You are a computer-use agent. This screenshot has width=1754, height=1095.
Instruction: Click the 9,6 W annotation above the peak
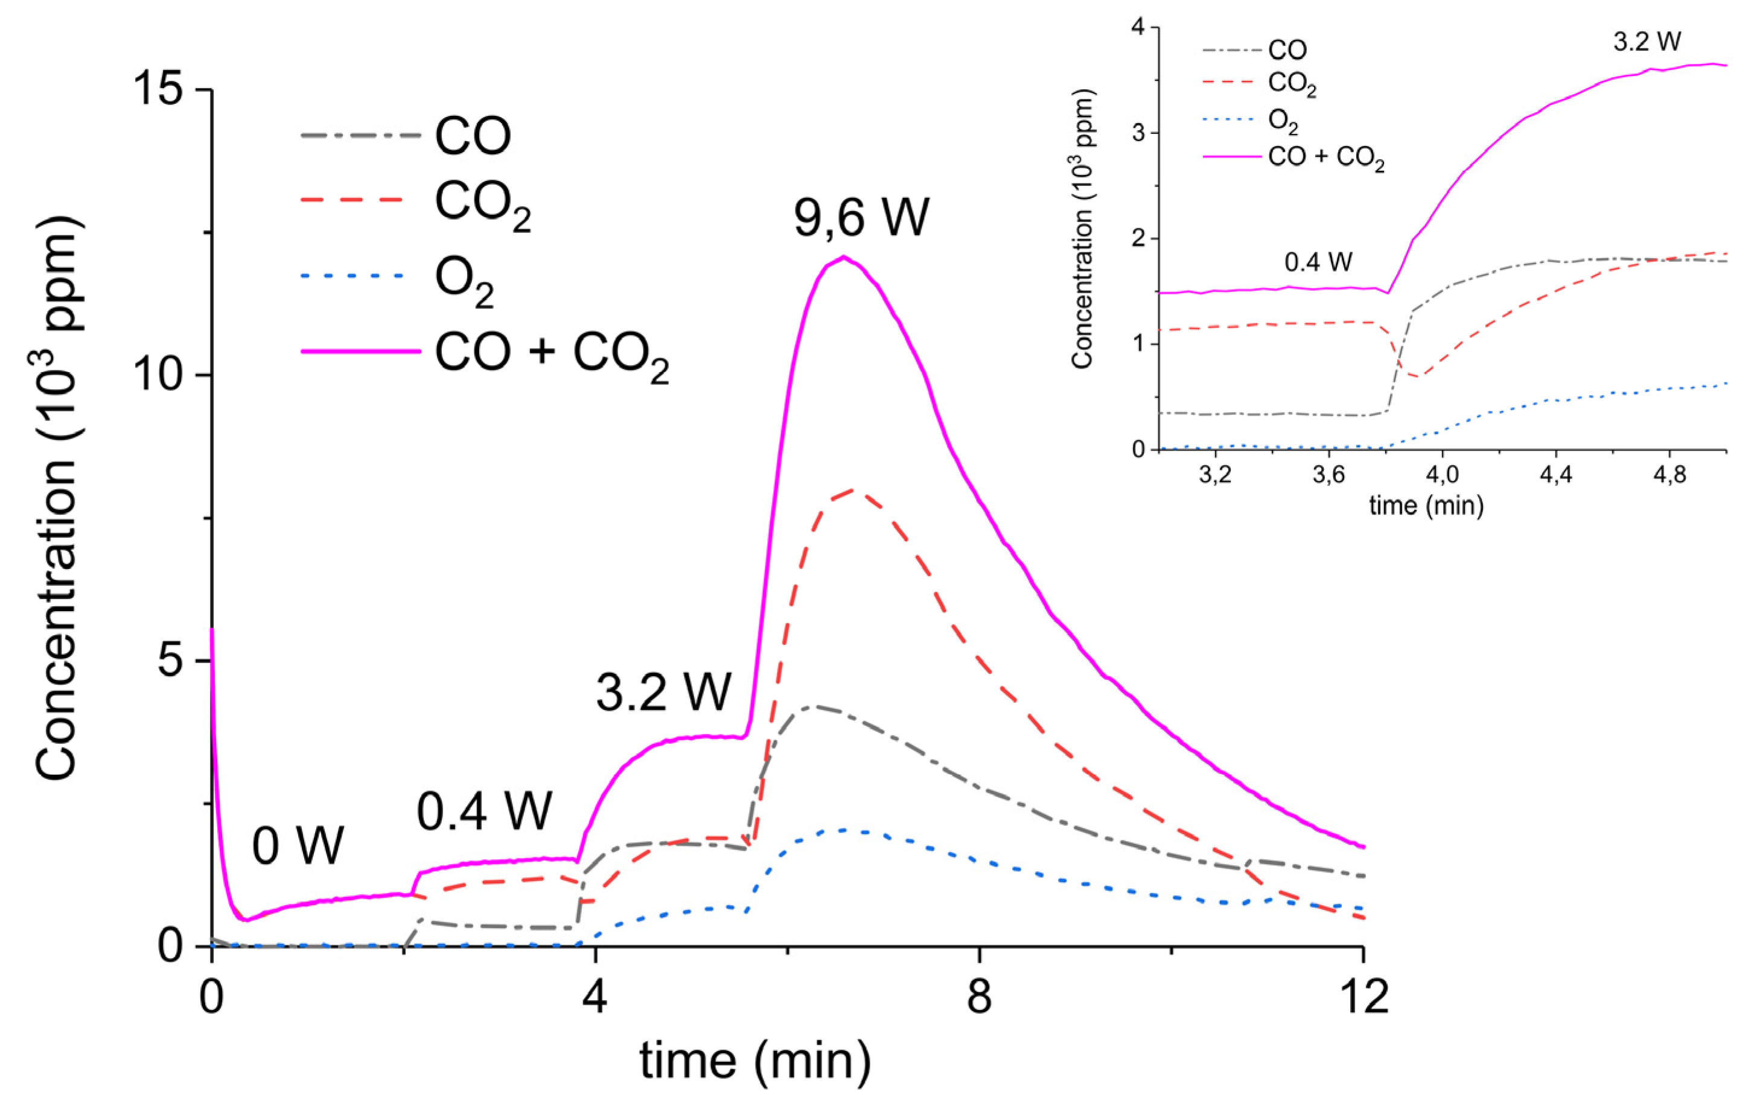pyautogui.click(x=861, y=217)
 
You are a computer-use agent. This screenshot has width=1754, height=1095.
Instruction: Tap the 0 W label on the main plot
pyautogui.click(x=298, y=845)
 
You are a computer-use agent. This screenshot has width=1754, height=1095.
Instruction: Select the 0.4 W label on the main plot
pyautogui.click(x=484, y=810)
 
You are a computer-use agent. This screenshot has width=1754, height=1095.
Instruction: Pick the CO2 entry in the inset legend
pyautogui.click(x=1291, y=84)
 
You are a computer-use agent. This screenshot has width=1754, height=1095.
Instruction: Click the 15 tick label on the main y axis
pyautogui.click(x=156, y=90)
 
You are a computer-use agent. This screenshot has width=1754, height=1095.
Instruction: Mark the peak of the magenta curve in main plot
pyautogui.click(x=843, y=257)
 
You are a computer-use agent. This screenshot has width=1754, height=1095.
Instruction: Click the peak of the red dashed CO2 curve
pyautogui.click(x=855, y=491)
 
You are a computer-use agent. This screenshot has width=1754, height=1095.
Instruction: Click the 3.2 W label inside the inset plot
pyautogui.click(x=1647, y=41)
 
